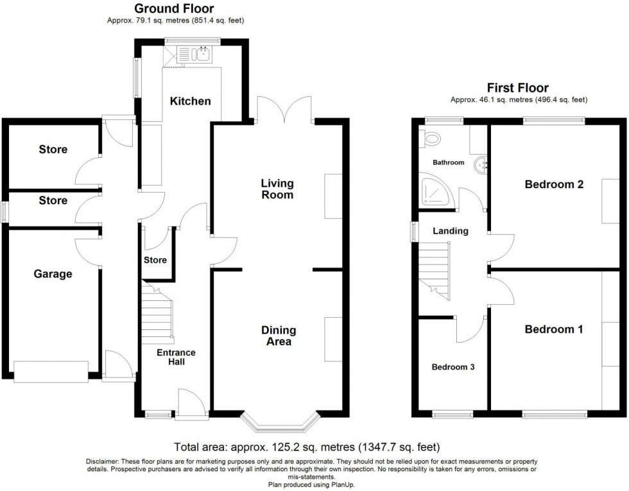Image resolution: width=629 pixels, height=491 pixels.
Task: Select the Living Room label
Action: [277, 189]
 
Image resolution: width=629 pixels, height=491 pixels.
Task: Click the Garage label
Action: [53, 274]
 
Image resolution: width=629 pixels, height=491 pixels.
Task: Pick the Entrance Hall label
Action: [177, 357]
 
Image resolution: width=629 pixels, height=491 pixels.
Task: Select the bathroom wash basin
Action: [481, 166]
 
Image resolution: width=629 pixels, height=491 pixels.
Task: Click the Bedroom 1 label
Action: [553, 330]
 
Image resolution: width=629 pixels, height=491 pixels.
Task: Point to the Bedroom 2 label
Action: [553, 185]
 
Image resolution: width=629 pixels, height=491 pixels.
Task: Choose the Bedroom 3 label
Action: [452, 367]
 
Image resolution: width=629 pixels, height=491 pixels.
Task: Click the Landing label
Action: [450, 231]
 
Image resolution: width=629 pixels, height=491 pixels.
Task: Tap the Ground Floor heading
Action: [174, 8]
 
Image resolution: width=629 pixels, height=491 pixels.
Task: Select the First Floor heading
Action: [517, 88]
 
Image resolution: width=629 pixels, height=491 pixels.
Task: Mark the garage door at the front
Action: [51, 372]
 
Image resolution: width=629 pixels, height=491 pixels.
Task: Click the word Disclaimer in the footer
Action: [102, 462]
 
